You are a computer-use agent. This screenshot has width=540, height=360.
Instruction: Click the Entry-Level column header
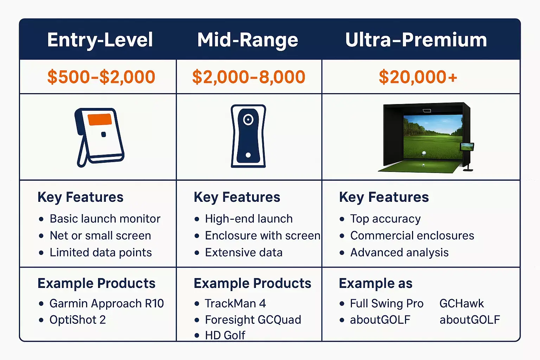click(x=100, y=40)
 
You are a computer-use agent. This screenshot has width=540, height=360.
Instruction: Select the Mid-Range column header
click(x=247, y=40)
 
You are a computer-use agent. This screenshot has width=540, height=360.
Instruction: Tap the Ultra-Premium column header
click(x=416, y=40)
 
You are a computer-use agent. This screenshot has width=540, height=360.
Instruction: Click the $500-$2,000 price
click(x=101, y=77)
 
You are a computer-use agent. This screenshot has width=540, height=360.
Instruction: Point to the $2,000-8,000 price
click(x=249, y=77)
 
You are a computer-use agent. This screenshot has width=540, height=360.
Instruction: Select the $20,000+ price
click(x=418, y=77)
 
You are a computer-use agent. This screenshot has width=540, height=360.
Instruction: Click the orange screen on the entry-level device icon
click(x=100, y=119)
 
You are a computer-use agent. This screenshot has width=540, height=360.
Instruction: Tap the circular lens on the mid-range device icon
click(x=248, y=120)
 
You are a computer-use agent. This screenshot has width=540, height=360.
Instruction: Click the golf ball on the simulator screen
click(x=424, y=153)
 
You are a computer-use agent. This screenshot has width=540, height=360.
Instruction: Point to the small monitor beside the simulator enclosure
click(x=467, y=147)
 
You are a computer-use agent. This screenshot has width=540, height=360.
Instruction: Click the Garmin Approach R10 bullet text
click(x=107, y=303)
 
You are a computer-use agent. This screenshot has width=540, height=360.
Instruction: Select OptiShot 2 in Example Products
click(x=77, y=320)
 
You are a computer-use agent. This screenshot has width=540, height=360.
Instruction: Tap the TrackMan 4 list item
click(x=235, y=303)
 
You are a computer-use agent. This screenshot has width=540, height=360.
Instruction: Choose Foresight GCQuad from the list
click(x=253, y=320)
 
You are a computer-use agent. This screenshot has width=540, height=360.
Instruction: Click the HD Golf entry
click(x=225, y=335)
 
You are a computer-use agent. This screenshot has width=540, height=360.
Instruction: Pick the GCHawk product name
click(x=461, y=303)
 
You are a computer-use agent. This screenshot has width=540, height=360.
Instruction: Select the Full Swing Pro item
click(x=386, y=303)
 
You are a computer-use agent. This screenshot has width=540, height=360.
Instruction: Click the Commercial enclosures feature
click(x=412, y=236)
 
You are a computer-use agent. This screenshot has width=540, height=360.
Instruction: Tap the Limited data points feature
click(x=101, y=252)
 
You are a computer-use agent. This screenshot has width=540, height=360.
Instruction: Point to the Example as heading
click(x=375, y=283)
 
